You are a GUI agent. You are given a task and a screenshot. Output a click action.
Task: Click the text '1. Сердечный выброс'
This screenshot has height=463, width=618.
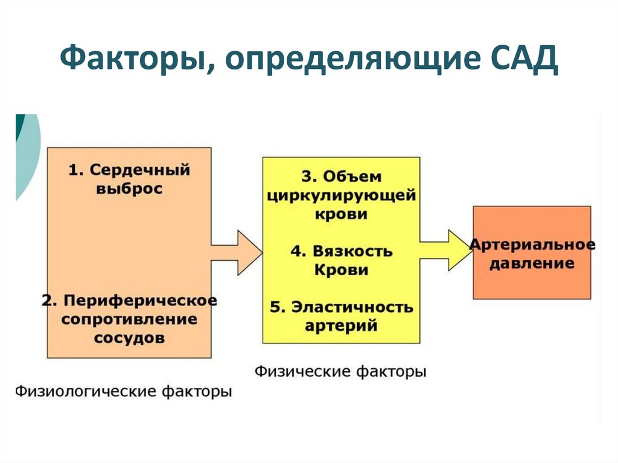click(129, 179)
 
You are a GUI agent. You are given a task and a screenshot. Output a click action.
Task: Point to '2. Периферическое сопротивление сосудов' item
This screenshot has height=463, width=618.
click(129, 318)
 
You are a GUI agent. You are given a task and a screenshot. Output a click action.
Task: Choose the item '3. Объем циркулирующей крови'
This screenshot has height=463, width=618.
click(341, 195)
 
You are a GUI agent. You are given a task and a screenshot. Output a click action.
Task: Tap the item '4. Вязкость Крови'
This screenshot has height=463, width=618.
click(341, 260)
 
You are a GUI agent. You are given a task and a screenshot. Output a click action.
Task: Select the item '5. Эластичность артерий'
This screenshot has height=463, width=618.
click(341, 316)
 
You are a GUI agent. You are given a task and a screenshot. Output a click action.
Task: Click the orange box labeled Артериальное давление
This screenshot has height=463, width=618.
click(532, 252)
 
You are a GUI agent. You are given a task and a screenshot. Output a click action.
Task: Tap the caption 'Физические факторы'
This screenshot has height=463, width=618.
click(340, 371)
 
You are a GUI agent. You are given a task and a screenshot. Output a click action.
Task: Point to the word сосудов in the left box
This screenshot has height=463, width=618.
click(129, 338)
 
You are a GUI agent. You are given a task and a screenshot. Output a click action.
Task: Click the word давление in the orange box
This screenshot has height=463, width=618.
click(531, 264)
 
